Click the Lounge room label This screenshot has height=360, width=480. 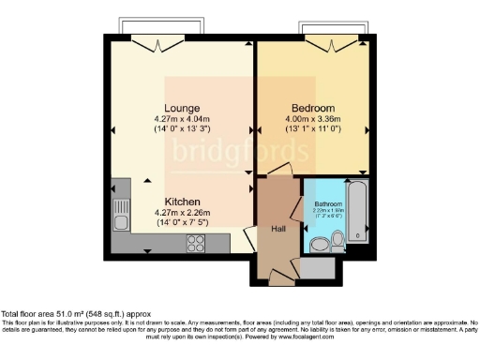click(179, 108)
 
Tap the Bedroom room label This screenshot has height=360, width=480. click(312, 108)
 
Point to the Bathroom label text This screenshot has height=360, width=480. click(328, 204)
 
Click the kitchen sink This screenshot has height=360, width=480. click(119, 221)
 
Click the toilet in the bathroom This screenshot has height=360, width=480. click(319, 245)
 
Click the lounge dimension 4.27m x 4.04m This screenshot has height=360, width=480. click(179, 119)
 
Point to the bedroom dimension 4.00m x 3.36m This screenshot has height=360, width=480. click(312, 119)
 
